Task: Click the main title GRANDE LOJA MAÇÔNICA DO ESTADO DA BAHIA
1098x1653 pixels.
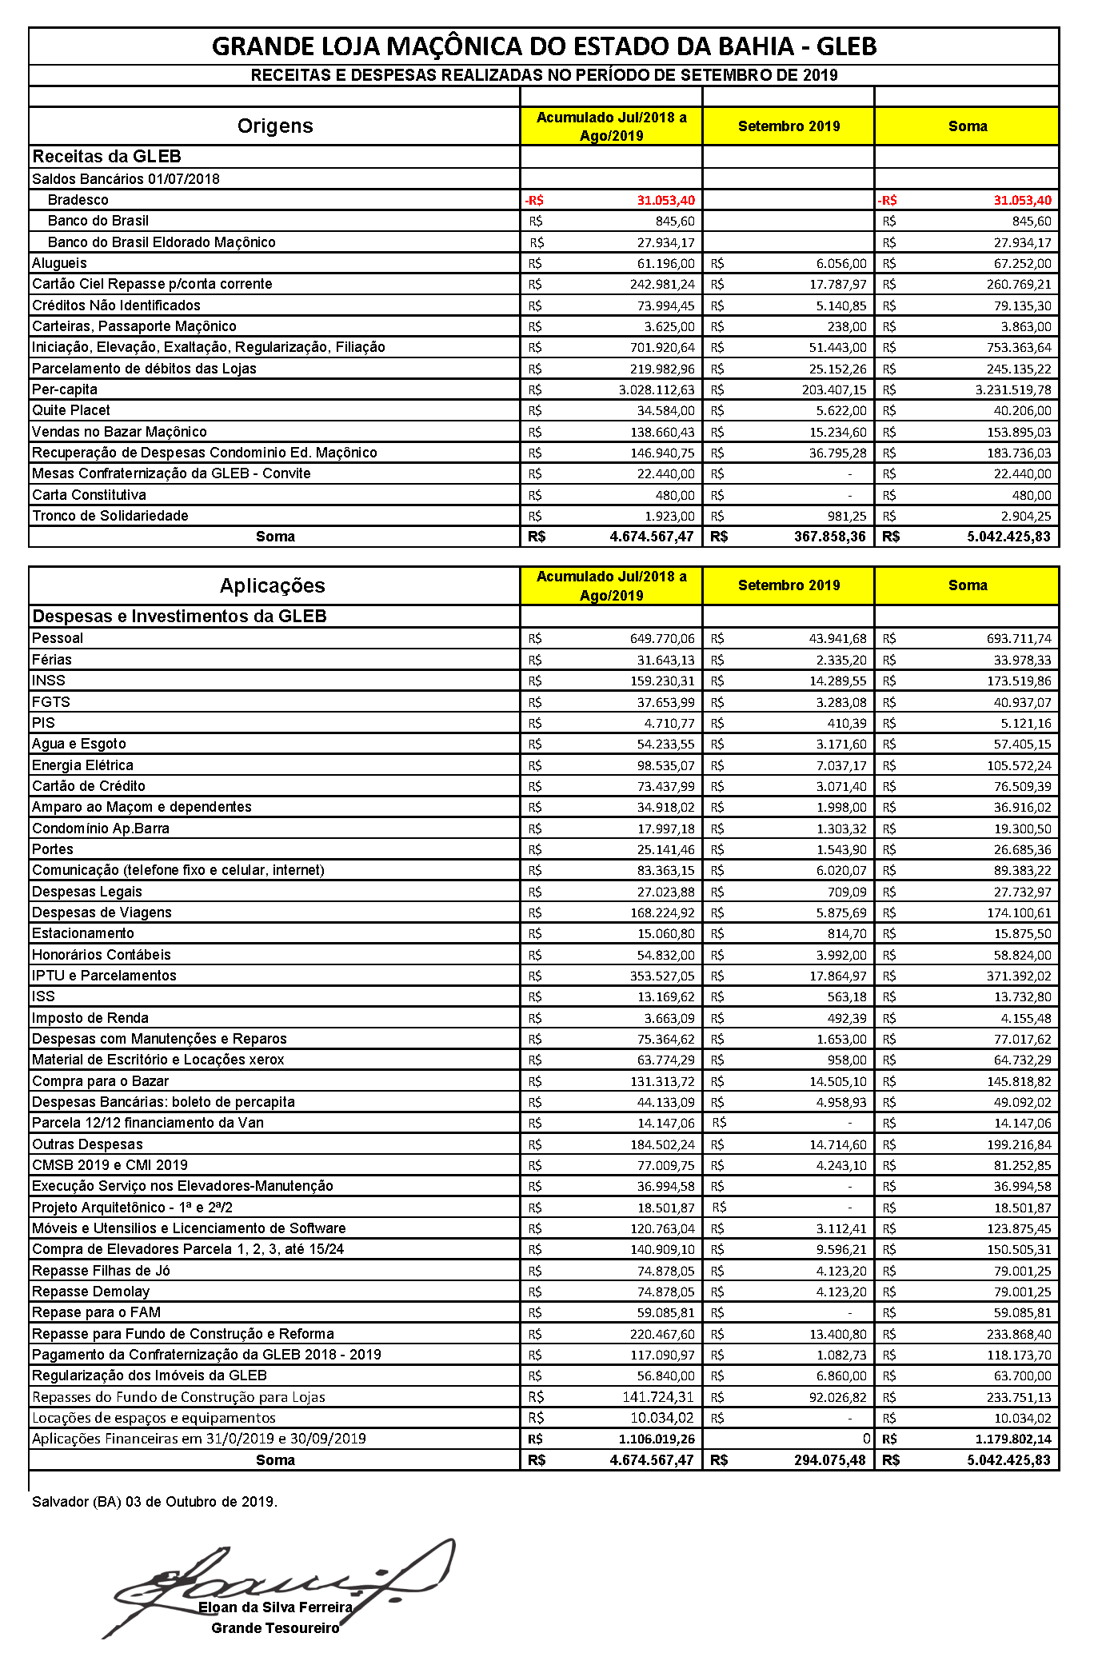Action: pyautogui.click(x=544, y=46)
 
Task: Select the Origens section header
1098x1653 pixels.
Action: pyautogui.click(x=274, y=126)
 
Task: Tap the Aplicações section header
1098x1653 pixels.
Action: pyautogui.click(x=272, y=585)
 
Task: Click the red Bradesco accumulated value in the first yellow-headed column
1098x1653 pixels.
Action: pyautogui.click(x=665, y=200)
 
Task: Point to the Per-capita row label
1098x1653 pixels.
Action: pyautogui.click(x=65, y=389)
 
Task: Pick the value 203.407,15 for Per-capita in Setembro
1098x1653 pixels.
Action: pyautogui.click(x=834, y=389)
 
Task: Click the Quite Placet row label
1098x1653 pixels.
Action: pyautogui.click(x=71, y=410)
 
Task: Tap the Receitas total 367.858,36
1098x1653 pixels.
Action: pyautogui.click(x=829, y=537)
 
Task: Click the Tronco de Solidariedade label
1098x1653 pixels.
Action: pyautogui.click(x=110, y=516)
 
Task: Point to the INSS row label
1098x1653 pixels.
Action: pyautogui.click(x=49, y=681)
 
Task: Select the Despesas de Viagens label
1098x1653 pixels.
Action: pyautogui.click(x=102, y=912)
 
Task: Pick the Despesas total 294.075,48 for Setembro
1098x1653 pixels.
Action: pyautogui.click(x=829, y=1459)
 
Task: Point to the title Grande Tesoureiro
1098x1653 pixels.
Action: pyautogui.click(x=275, y=1627)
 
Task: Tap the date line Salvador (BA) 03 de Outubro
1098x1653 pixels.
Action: pyautogui.click(x=154, y=1501)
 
